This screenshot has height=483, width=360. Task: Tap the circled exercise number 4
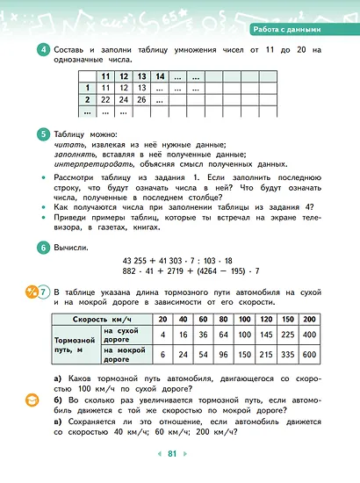[x=42, y=50]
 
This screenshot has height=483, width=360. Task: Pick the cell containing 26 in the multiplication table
[x=141, y=100]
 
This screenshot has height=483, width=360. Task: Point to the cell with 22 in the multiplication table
[x=106, y=100]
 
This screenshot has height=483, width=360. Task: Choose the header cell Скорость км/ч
[x=103, y=319]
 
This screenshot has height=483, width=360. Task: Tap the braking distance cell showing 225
[x=287, y=335]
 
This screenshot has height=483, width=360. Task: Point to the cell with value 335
[x=287, y=356]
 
